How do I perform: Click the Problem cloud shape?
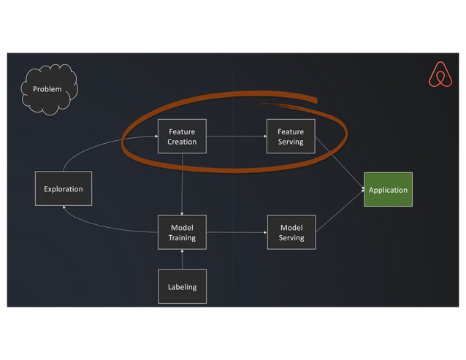tap(49, 90)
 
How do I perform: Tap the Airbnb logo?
tap(440, 74)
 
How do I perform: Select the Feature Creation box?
tap(182, 137)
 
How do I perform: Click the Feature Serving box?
tap(291, 137)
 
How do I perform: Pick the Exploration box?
tap(64, 189)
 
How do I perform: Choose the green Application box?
tap(388, 190)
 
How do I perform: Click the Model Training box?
tap(182, 232)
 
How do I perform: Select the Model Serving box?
tap(291, 232)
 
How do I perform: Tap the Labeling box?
tap(182, 286)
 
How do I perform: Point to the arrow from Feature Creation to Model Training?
tap(182, 184)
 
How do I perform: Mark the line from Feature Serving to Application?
tap(340, 164)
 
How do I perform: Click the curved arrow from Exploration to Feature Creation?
tap(95, 145)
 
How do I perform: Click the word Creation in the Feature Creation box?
tap(182, 142)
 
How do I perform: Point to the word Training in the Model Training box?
tap(182, 237)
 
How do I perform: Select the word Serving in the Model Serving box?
tap(291, 237)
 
